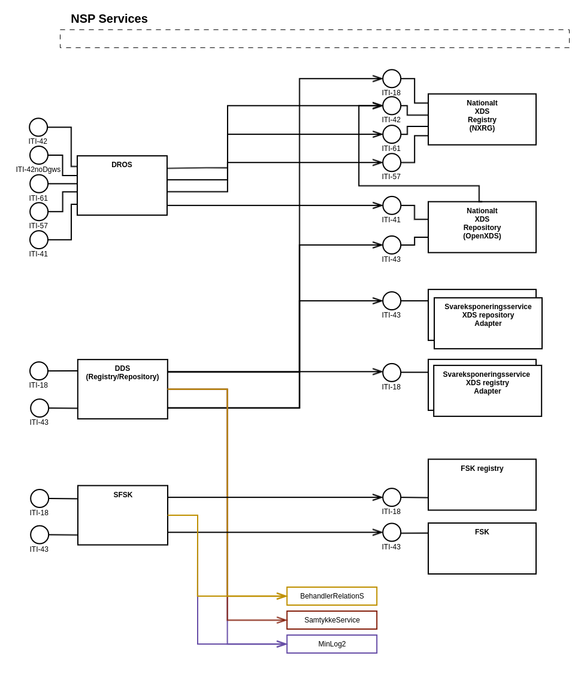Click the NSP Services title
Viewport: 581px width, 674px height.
pyautogui.click(x=109, y=19)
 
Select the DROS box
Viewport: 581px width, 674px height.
pyautogui.click(x=122, y=186)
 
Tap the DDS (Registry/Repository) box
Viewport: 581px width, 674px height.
pyautogui.click(x=123, y=389)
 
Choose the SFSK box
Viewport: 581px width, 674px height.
pyautogui.click(x=123, y=515)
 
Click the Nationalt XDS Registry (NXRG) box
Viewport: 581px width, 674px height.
pyautogui.click(x=482, y=119)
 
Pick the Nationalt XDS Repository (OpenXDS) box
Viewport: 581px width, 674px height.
pyautogui.click(x=482, y=227)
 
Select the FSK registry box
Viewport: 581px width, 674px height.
pyautogui.click(x=482, y=485)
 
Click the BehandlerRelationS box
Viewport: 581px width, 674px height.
pyautogui.click(x=332, y=596)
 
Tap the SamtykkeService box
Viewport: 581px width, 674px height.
pyautogui.click(x=332, y=620)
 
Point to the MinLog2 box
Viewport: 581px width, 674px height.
pyautogui.click(x=332, y=644)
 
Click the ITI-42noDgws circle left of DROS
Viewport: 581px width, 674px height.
pyautogui.click(x=39, y=155)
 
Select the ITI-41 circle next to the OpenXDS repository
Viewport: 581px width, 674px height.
pyautogui.click(x=392, y=205)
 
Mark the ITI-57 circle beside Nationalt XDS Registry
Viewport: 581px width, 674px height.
pyautogui.click(x=392, y=162)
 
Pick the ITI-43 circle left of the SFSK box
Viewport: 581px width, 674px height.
pyautogui.click(x=40, y=534)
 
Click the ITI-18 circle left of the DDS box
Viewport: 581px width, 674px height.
pyautogui.click(x=39, y=371)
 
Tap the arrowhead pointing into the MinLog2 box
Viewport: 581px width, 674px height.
pyautogui.click(x=282, y=644)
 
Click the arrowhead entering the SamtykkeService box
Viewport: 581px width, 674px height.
pyautogui.click(x=282, y=620)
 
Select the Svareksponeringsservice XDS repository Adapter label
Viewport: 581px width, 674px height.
pyautogui.click(x=488, y=315)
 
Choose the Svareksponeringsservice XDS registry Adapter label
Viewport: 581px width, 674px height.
pyautogui.click(x=488, y=383)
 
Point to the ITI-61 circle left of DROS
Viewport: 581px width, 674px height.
pyautogui.click(x=39, y=184)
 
